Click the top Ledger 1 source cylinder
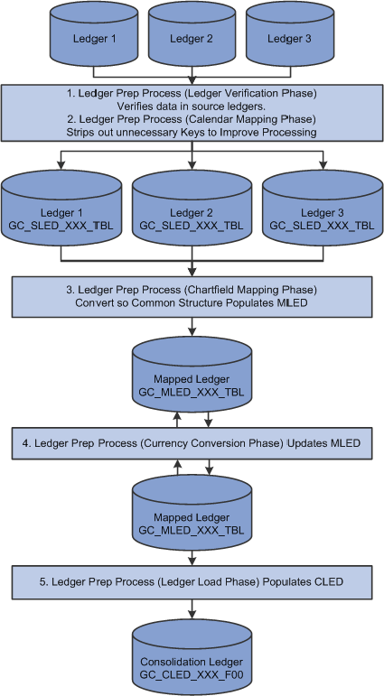[95, 34]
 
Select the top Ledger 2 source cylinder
[192, 34]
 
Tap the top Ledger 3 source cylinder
[290, 34]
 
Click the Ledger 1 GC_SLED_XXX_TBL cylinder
[61, 209]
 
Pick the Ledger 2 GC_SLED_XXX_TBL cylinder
[192, 209]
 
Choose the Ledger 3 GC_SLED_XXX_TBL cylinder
[323, 209]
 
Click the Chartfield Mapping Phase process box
[192, 297]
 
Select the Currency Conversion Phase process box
[192, 443]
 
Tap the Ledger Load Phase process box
[192, 582]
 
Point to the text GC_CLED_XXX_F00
[192, 675]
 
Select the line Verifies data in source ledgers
[192, 107]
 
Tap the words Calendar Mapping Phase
[249, 119]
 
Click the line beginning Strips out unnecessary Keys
[192, 133]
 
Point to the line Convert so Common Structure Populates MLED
[192, 303]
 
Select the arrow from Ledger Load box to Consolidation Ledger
[192, 609]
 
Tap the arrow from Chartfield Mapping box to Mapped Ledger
[192, 326]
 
